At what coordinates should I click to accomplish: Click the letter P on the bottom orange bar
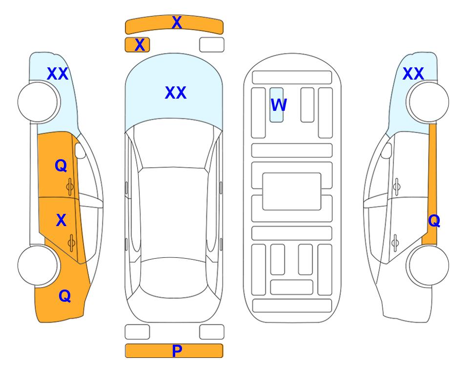click(177, 351)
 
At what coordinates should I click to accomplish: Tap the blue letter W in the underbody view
click(279, 104)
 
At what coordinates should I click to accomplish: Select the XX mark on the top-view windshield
click(176, 93)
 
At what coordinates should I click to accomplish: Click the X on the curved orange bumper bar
click(177, 22)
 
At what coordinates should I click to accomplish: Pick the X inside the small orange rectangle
click(140, 45)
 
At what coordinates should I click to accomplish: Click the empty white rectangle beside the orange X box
click(212, 45)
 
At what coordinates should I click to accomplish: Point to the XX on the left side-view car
click(58, 74)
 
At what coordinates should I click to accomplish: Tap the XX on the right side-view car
click(413, 74)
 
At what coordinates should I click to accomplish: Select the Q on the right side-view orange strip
click(434, 221)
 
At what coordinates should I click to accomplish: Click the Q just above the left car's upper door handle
click(61, 166)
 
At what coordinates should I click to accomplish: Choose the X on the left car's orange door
click(61, 220)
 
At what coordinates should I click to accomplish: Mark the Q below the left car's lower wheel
click(65, 296)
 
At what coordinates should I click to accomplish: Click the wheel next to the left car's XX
click(38, 102)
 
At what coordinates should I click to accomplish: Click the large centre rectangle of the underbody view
click(292, 191)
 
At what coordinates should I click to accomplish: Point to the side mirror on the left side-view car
click(80, 150)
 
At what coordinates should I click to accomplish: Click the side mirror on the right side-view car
click(387, 150)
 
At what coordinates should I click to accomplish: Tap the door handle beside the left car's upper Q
click(70, 187)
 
